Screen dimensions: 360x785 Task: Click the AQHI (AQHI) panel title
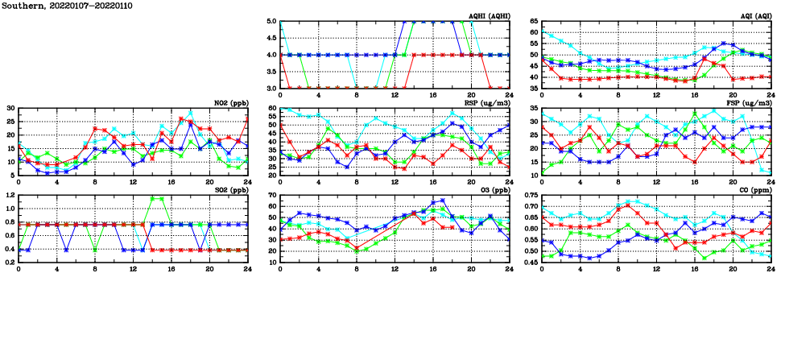489,16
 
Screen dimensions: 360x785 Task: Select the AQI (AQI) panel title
755,16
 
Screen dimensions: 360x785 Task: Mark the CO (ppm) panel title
754,190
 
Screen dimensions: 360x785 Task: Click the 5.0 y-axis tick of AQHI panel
272,22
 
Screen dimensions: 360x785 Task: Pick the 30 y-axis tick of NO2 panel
10,108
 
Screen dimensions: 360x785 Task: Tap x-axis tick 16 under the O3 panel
433,268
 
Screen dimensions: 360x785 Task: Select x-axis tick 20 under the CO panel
733,268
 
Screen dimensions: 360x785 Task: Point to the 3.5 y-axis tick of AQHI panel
272,72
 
